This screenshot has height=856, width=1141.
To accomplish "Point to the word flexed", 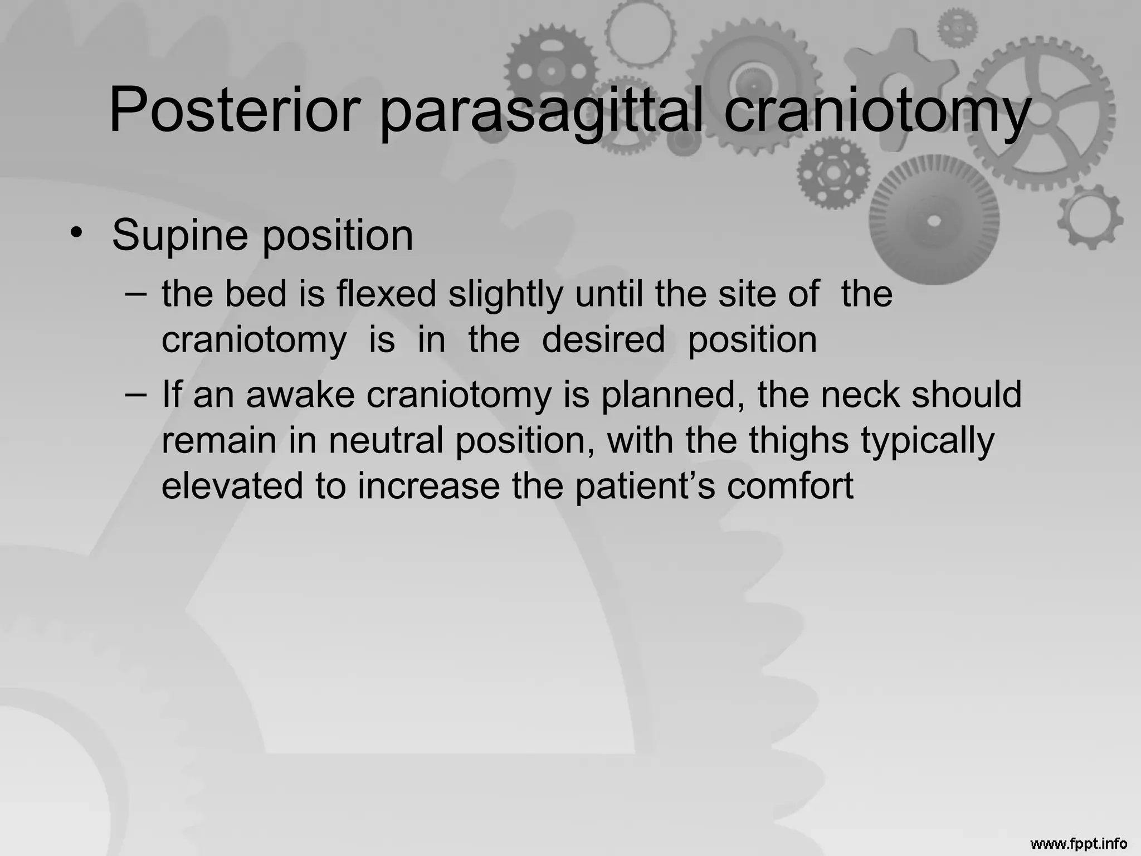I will click(x=386, y=294).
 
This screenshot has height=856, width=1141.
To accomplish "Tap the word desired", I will click(x=603, y=339).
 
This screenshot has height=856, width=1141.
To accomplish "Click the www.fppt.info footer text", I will click(x=1079, y=844).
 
